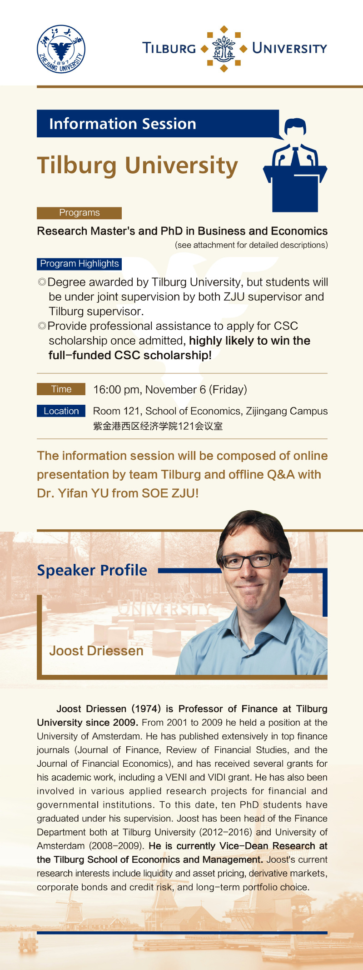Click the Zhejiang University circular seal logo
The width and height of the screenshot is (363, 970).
coord(61,49)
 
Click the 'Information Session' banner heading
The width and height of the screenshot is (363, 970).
coord(123,124)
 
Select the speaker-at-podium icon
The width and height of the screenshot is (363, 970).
coord(295,165)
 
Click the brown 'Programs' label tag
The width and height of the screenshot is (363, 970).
coord(79,213)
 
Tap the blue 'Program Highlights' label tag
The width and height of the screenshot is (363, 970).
coord(79,264)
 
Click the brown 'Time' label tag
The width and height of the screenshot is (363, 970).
coord(61,389)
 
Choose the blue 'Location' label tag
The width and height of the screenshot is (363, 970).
coord(61,411)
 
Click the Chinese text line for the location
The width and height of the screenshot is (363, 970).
coord(158,426)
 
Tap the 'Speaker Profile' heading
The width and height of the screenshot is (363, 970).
coord(92,570)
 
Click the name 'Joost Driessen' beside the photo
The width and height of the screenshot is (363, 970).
coord(96,651)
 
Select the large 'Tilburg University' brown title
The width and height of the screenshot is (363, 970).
coord(137,166)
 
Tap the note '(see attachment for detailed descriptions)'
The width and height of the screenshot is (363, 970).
coord(251,245)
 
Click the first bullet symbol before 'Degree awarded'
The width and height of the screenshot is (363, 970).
coord(42,282)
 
